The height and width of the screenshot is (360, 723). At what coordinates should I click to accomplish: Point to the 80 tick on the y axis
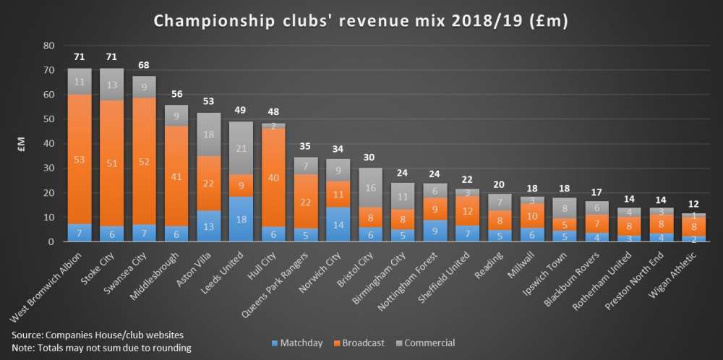click(x=49, y=46)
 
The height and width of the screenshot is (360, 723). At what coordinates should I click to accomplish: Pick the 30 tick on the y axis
click(x=49, y=168)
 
